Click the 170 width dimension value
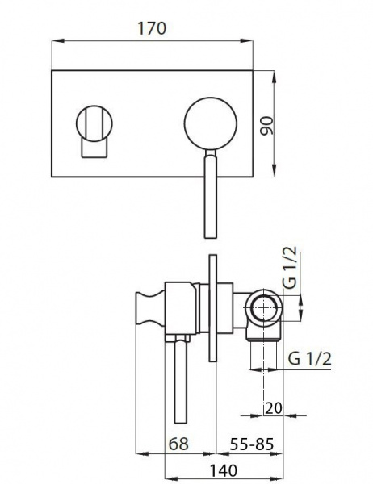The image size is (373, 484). tap(152, 28)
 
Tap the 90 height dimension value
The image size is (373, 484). tap(267, 125)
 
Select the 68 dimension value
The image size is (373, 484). tap(178, 444)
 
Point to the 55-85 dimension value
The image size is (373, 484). tap(252, 444)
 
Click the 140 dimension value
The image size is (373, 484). tap(224, 470)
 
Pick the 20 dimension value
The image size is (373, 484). tap(274, 408)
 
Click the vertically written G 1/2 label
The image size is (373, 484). tap(290, 267)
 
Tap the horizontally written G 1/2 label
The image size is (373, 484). tap(309, 359)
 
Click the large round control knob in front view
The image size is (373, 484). tap(211, 123)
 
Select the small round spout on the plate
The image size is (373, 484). tap(94, 123)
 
